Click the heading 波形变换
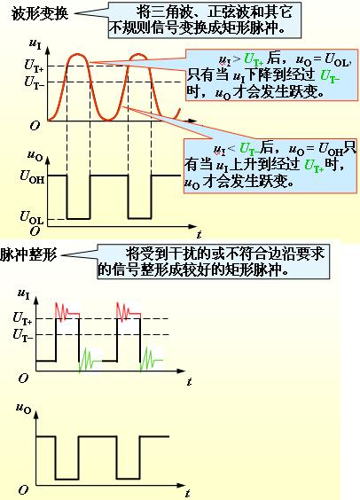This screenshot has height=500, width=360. [40, 14]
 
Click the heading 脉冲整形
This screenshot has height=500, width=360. [28, 255]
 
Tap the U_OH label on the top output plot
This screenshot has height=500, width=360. [32, 176]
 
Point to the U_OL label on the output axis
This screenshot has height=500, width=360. [32, 217]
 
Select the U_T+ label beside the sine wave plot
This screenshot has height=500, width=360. [34, 66]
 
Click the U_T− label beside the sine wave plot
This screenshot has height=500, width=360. [34, 82]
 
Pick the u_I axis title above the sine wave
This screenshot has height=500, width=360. [35, 43]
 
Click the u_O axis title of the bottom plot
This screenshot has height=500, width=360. [24, 408]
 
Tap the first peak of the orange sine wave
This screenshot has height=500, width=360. [78, 55]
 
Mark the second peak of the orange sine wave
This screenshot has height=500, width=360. [139, 55]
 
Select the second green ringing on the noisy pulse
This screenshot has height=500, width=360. [152, 359]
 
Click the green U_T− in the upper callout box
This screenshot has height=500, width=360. [330, 76]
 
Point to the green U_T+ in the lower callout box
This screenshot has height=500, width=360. [314, 166]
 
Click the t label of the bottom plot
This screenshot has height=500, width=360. [188, 493]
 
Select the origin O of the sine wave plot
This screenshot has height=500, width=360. [35, 126]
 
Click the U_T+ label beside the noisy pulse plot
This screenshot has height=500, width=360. [23, 318]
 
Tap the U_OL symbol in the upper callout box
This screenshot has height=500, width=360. [337, 60]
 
